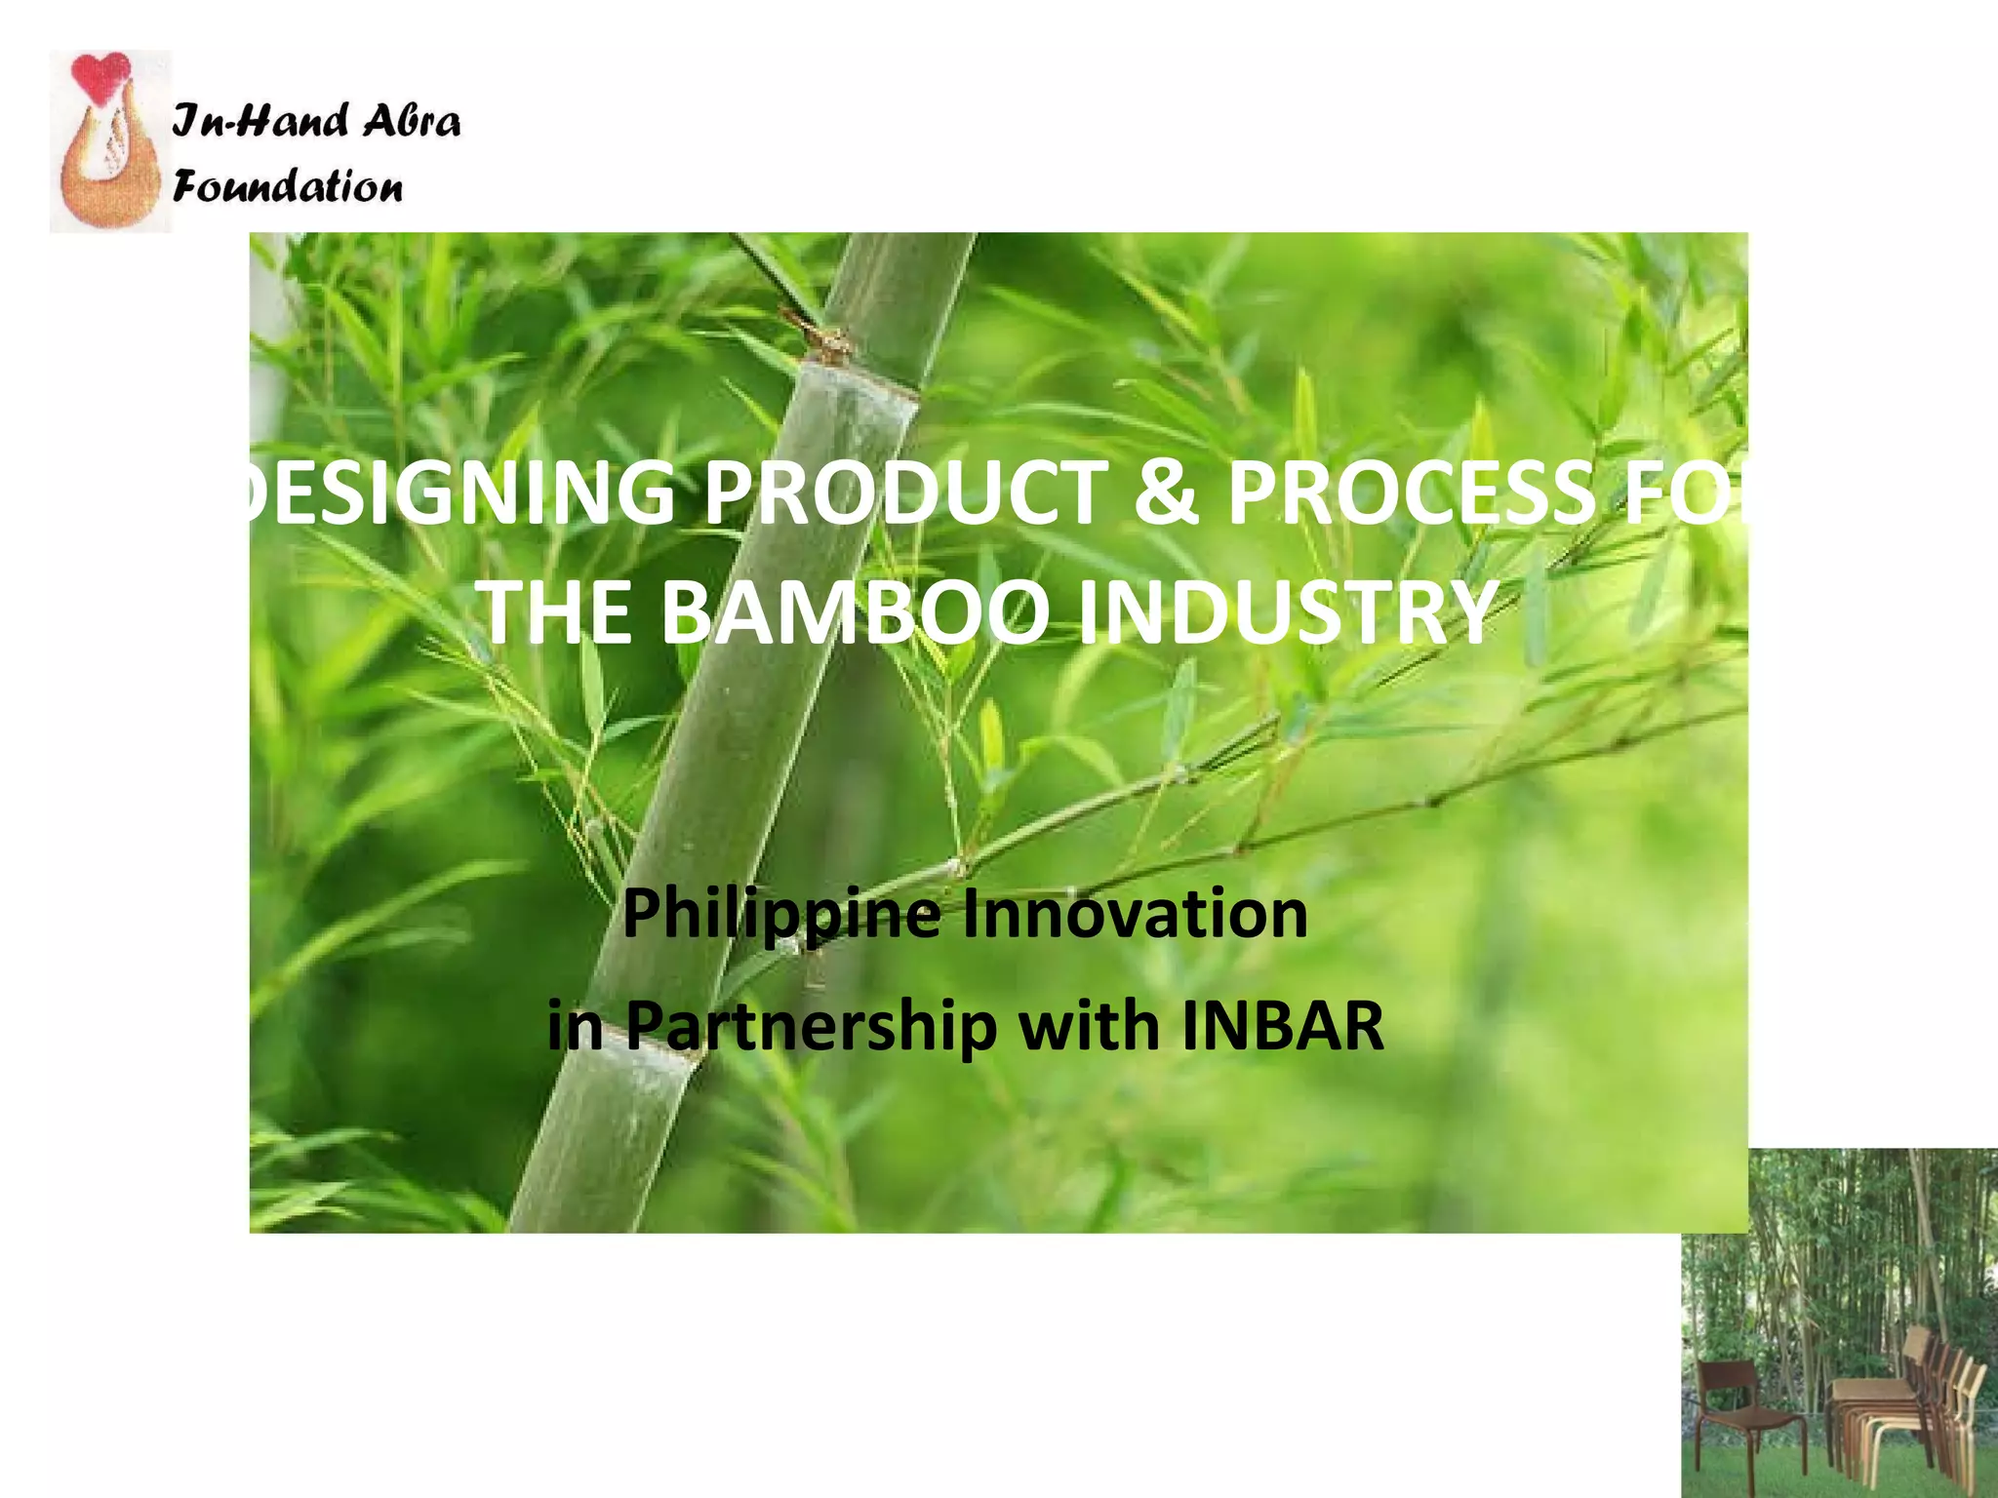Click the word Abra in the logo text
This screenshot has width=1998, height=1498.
tap(410, 121)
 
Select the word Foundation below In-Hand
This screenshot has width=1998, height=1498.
tap(287, 185)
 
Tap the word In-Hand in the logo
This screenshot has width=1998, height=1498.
tap(260, 121)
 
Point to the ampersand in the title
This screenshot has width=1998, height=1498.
tap(1165, 492)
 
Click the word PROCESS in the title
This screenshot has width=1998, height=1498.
tap(1411, 492)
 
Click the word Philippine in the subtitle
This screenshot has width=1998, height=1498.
tap(782, 915)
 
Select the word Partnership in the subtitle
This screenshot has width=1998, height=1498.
tap(811, 1026)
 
